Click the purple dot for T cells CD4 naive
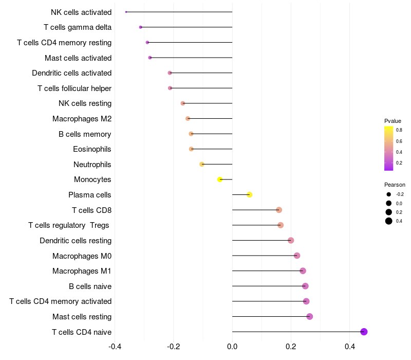pos(364,332)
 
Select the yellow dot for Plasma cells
pos(250,195)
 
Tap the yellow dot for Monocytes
pos(220,179)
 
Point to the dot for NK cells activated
pos(126,12)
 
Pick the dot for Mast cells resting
pos(310,316)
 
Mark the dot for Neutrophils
pos(202,164)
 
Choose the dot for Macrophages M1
pos(303,271)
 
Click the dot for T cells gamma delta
pos(141,27)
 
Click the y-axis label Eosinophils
pos(92,149)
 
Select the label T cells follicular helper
pos(74,88)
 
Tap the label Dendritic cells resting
pos(76,241)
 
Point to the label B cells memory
pos(85,134)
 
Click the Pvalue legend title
pos(393,121)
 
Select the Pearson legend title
pos(395,185)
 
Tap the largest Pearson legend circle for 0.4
pos(388,221)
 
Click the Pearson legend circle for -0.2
pos(388,194)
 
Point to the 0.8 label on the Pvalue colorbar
pos(399,130)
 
